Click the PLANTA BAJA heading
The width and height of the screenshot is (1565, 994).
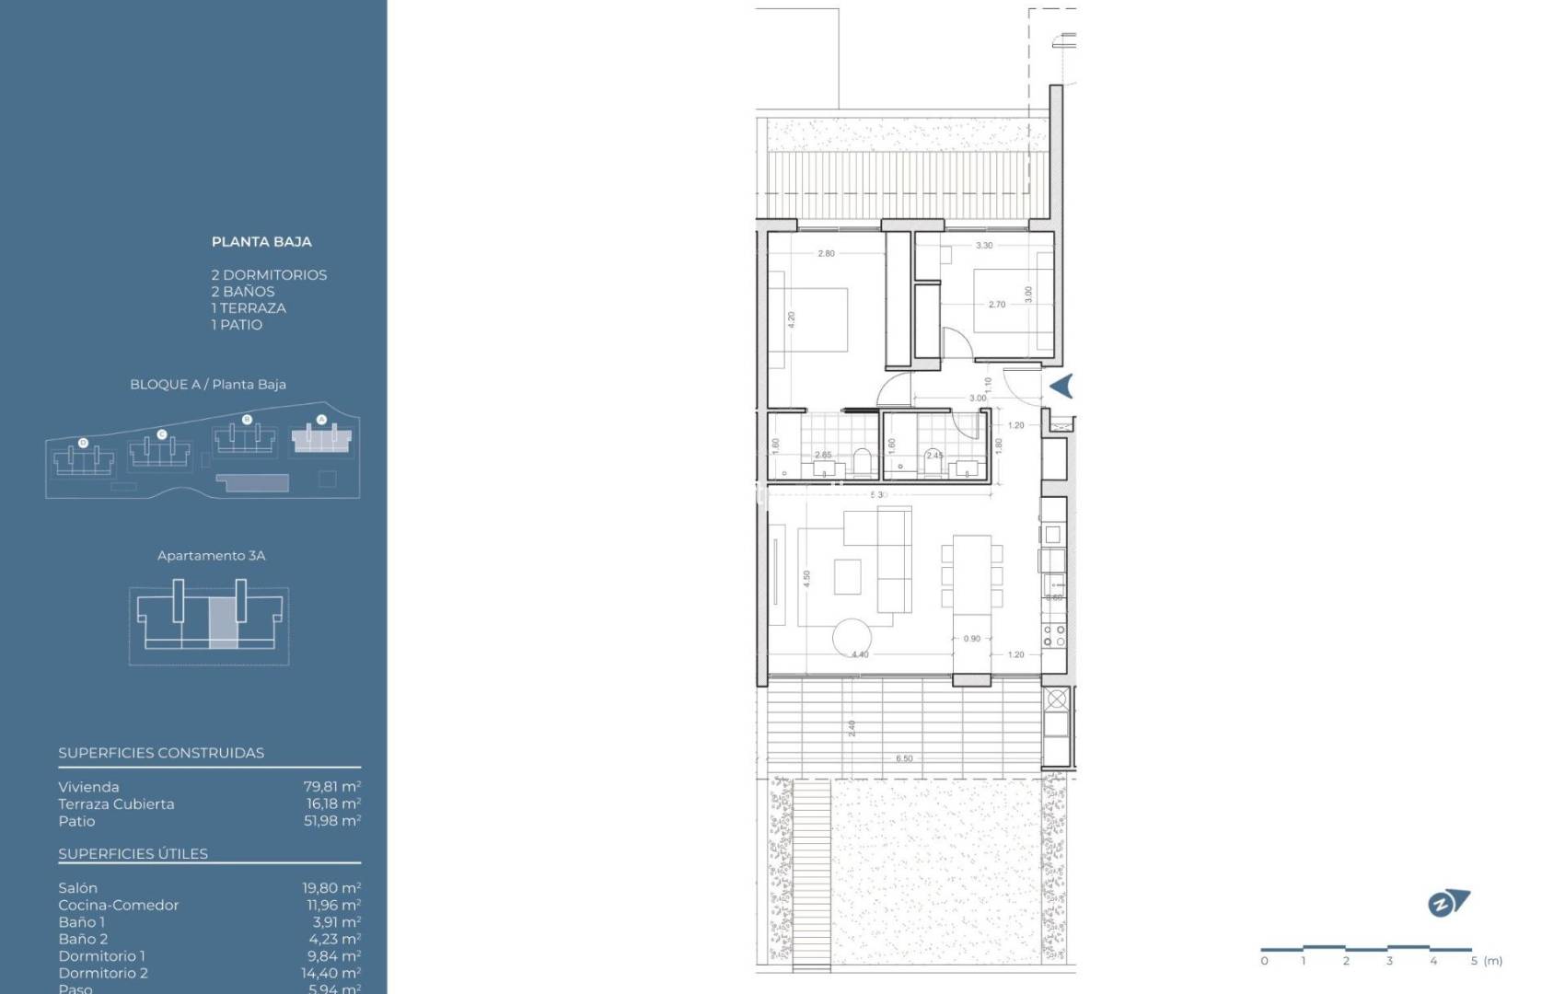(x=261, y=242)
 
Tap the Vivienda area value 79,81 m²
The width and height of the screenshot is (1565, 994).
(x=331, y=787)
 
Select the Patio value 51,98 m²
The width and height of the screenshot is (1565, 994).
(x=331, y=821)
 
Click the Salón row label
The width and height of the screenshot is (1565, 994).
(x=77, y=888)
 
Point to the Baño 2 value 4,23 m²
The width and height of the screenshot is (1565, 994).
(x=331, y=939)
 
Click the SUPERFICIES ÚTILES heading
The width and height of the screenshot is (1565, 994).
(x=133, y=854)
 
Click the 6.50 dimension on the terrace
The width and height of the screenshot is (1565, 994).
(x=904, y=759)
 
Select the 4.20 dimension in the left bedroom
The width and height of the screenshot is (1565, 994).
(x=791, y=319)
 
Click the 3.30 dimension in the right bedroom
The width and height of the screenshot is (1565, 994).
(x=984, y=246)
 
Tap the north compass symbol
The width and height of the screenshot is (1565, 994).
(x=1447, y=904)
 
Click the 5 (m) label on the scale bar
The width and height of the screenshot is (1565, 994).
(x=1486, y=961)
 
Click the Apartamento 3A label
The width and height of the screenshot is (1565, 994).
(x=211, y=556)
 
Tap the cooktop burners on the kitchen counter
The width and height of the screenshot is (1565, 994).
(x=1054, y=635)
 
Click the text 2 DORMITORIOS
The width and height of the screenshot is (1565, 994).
(x=269, y=275)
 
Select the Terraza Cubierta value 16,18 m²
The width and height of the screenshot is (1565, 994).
(x=331, y=804)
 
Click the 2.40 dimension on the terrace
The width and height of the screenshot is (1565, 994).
(x=852, y=729)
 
